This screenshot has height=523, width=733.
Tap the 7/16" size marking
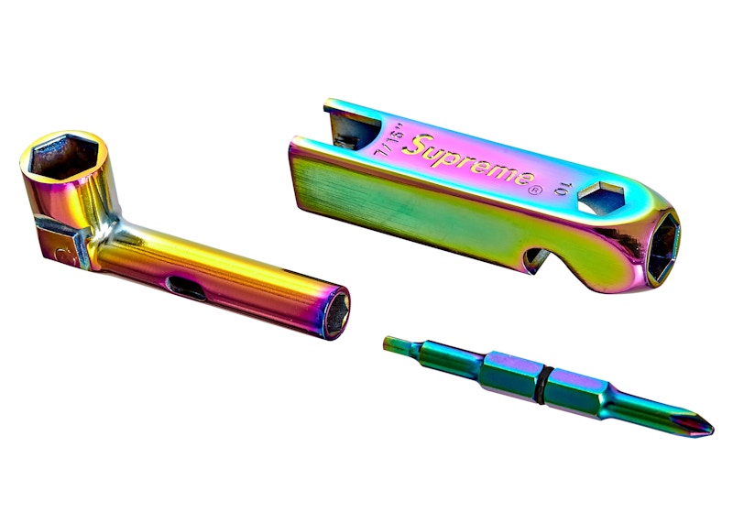[x=388, y=139]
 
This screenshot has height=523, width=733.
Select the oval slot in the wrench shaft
[x=186, y=288]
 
